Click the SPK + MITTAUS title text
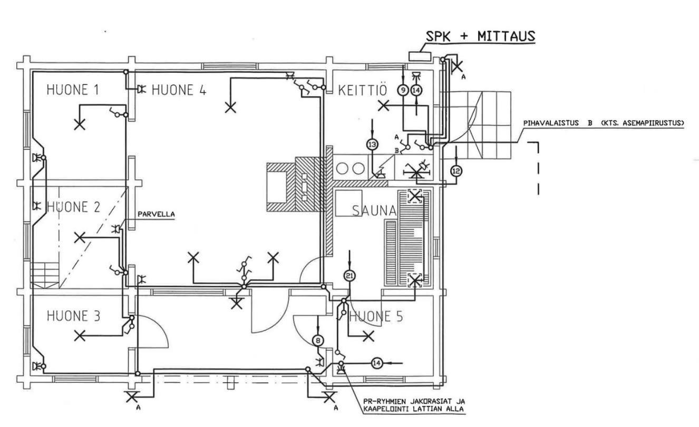pos(481,36)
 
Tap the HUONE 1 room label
pos(73,90)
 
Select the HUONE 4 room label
pos(179,90)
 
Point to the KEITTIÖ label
pos(363,90)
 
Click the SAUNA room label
pos(374,211)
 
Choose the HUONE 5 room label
pos(376,316)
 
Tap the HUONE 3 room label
pos(73,316)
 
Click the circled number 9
pos(403,90)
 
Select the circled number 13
pos(372,144)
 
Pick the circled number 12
pos(456,171)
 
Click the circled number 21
pos(349,276)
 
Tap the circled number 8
pos(318,340)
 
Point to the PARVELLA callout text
pos(156,215)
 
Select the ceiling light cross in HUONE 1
pos(80,125)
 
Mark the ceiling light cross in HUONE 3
pos(80,336)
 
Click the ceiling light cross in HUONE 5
pos(368,336)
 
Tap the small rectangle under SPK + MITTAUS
pos(420,56)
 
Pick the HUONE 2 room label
pos(73,207)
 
